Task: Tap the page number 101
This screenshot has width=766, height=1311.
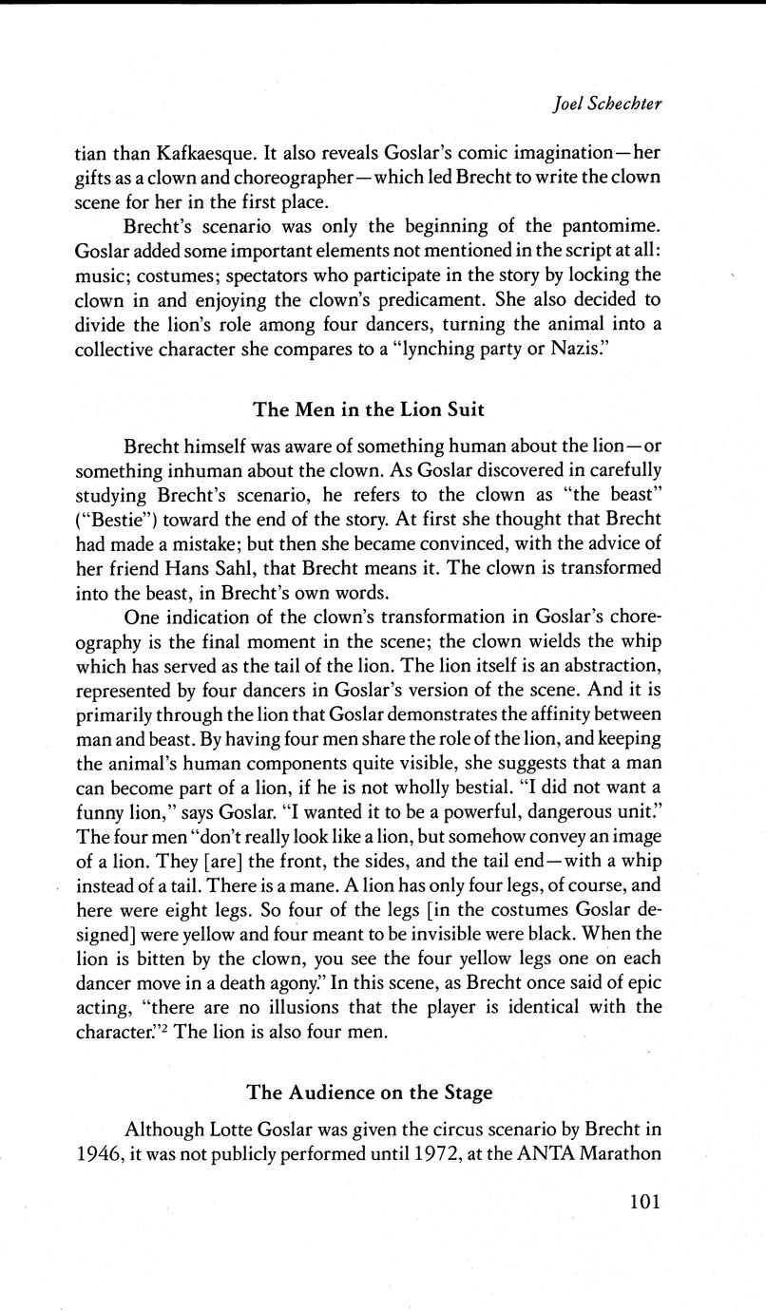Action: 643,1201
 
